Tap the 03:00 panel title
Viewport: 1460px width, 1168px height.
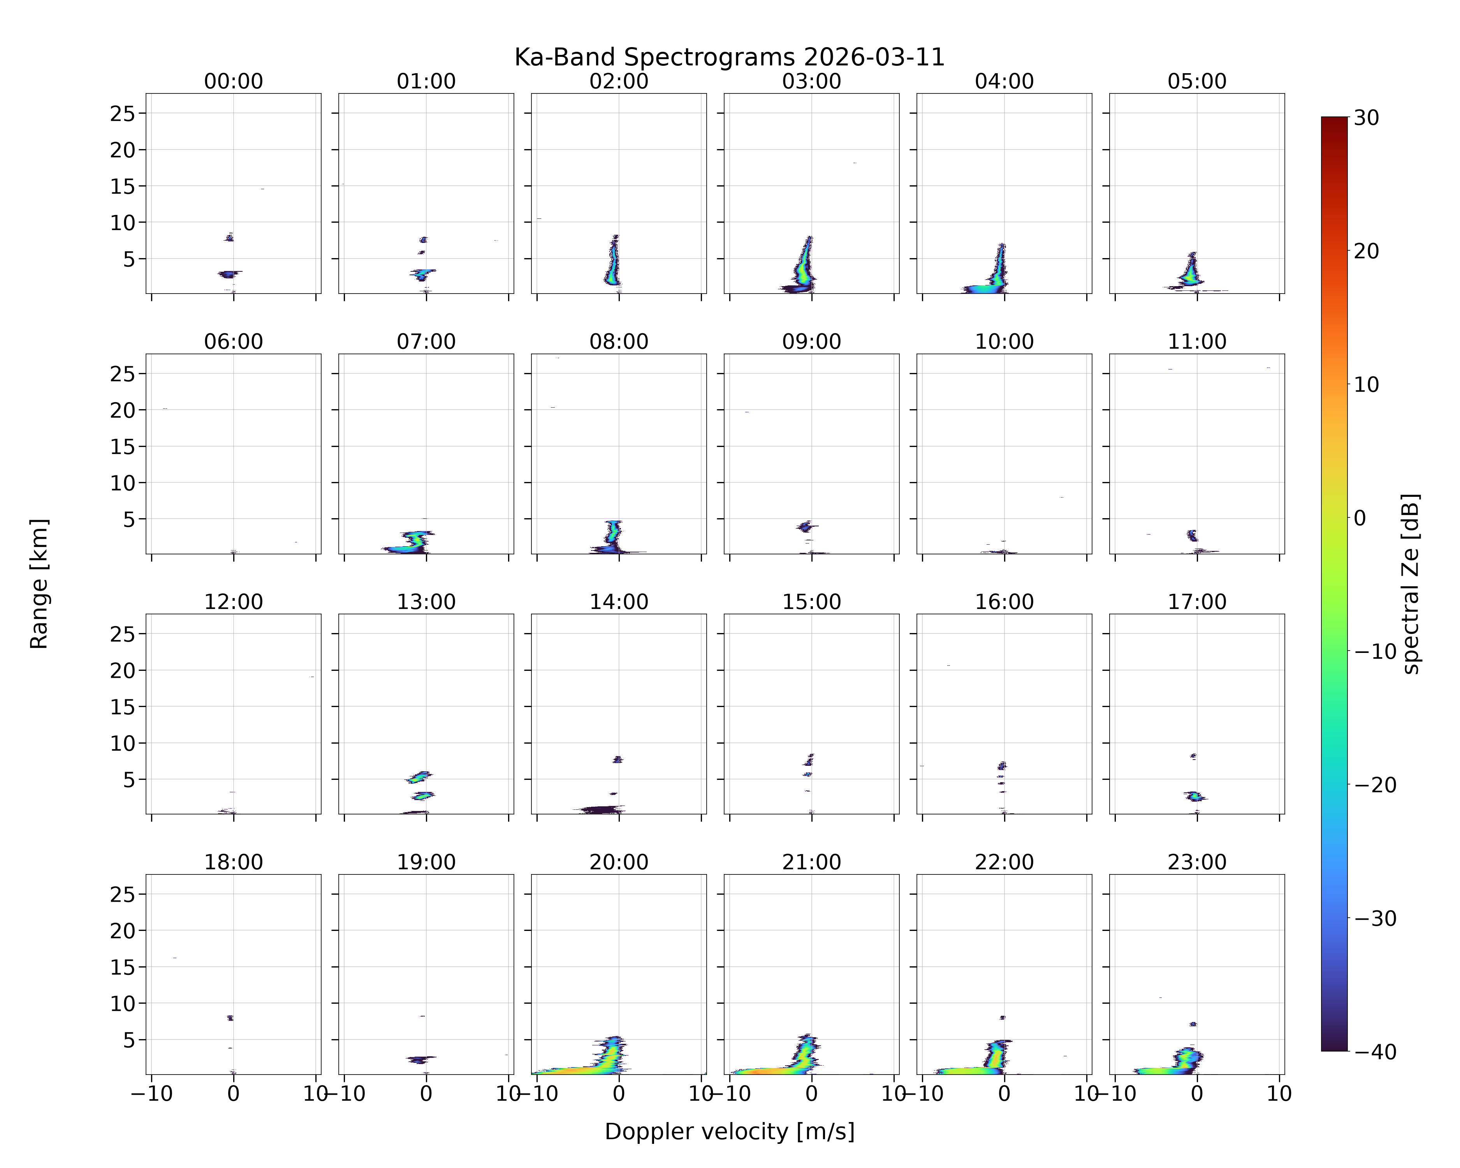[811, 81]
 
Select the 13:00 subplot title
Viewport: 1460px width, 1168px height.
[426, 602]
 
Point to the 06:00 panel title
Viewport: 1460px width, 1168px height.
[234, 341]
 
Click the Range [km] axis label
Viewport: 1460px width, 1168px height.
[39, 584]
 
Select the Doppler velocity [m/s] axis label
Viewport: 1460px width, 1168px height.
[729, 1131]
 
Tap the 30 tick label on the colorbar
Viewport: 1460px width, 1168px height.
[1367, 118]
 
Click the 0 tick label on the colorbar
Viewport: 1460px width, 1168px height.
[1360, 518]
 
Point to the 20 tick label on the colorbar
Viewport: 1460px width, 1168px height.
[1367, 251]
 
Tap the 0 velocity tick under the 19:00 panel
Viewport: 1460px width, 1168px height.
[426, 1094]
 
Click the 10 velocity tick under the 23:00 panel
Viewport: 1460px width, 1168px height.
[1279, 1094]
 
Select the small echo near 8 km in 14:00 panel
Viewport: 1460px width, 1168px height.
[617, 760]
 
